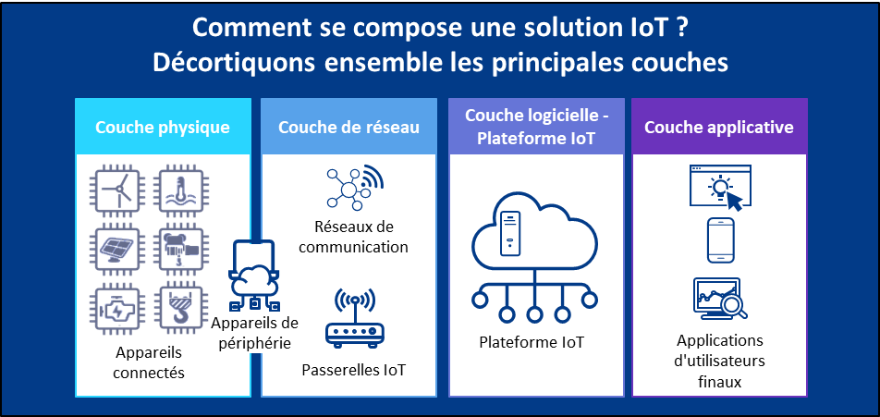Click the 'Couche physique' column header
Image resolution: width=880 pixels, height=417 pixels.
click(x=163, y=127)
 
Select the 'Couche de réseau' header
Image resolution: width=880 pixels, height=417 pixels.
click(x=348, y=127)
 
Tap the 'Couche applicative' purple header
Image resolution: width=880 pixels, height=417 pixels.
click(x=718, y=127)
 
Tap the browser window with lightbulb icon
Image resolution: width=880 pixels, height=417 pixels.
click(x=720, y=186)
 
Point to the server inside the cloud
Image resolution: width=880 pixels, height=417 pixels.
click(x=507, y=233)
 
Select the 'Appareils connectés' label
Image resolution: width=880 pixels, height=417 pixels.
click(x=149, y=362)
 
